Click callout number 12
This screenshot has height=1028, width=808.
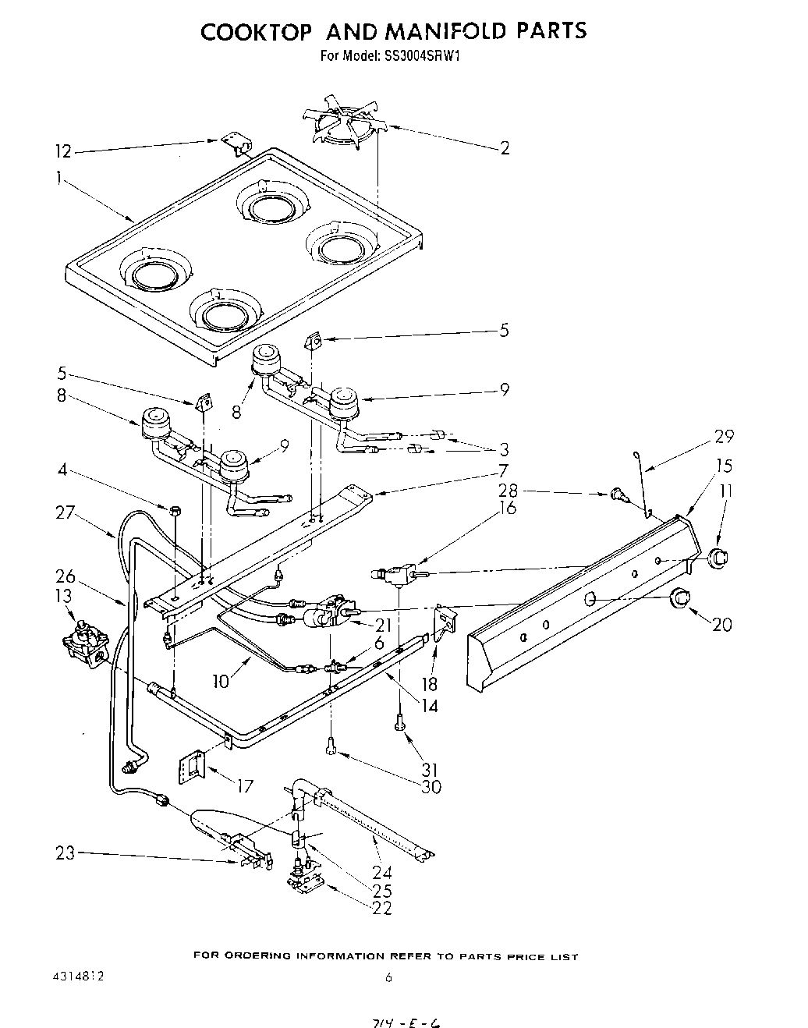coord(63,151)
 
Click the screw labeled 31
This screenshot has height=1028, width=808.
coord(399,725)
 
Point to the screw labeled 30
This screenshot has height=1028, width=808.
coord(331,747)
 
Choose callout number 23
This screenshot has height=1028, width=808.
coord(66,853)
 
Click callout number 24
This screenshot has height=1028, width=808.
coord(381,872)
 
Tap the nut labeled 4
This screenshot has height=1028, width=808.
coord(175,511)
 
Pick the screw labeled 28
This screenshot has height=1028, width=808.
coord(616,493)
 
